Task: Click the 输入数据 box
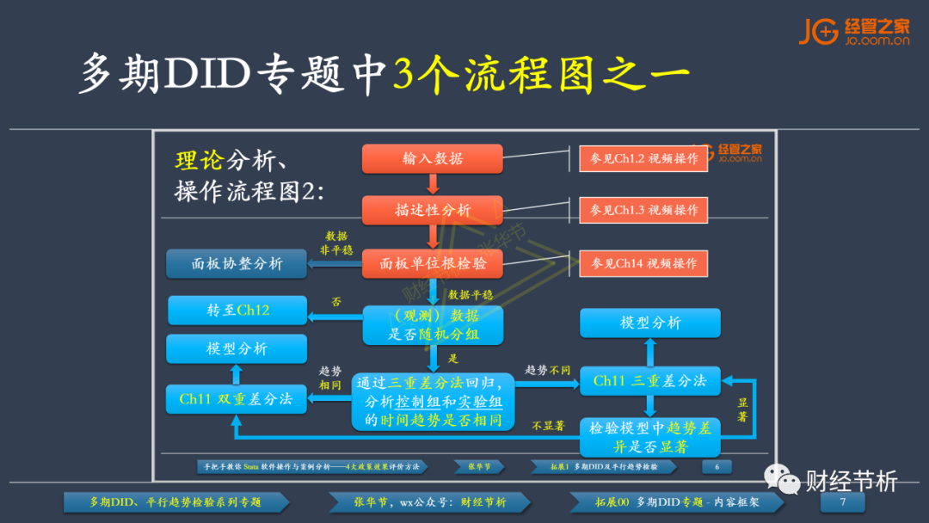(x=432, y=158)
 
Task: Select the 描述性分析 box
(x=432, y=210)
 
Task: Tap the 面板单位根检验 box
(x=432, y=263)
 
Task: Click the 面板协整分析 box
(x=237, y=264)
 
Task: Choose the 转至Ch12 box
(x=237, y=311)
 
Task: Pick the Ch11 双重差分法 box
(x=237, y=399)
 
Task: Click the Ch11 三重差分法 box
(x=650, y=381)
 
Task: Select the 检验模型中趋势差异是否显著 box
(x=650, y=437)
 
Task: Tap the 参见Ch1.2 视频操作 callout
(x=643, y=159)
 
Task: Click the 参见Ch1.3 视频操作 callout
(x=643, y=210)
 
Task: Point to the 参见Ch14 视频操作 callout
(x=643, y=263)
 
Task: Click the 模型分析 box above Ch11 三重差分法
(x=650, y=323)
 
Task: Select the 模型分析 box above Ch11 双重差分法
(x=237, y=348)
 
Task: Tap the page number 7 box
(x=843, y=502)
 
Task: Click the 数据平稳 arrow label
(x=472, y=293)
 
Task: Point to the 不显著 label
(x=548, y=425)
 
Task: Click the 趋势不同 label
(x=548, y=370)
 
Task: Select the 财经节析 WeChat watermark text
(x=852, y=481)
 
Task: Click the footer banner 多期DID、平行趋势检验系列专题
(x=175, y=502)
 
